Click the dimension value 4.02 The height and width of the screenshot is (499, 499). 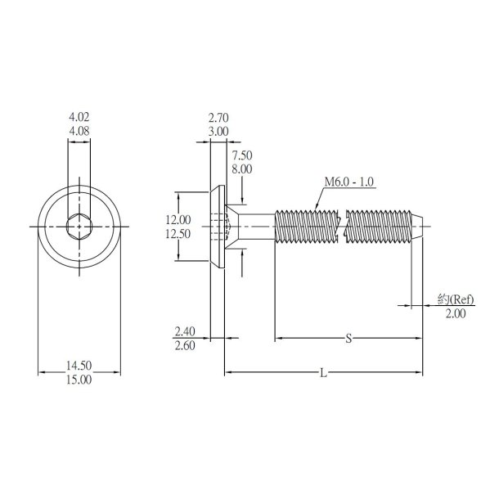point(79,118)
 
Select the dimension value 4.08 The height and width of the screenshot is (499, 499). point(79,130)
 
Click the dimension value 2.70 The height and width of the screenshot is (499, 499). point(218,118)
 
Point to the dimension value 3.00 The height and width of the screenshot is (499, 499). point(218,130)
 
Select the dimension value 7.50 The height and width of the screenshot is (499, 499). point(243,155)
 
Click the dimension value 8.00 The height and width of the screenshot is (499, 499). point(243,168)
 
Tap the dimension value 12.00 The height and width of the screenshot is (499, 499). point(178,219)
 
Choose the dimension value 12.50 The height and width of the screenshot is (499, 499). point(178,233)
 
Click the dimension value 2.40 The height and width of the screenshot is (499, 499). point(185,331)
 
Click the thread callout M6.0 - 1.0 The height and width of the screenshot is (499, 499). point(349,182)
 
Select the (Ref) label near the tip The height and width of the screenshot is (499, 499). point(457,299)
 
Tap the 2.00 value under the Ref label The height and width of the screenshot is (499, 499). point(456,313)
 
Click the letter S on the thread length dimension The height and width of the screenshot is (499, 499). point(348,337)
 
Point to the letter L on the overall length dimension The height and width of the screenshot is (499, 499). point(324,374)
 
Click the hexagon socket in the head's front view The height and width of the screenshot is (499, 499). point(79,225)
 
